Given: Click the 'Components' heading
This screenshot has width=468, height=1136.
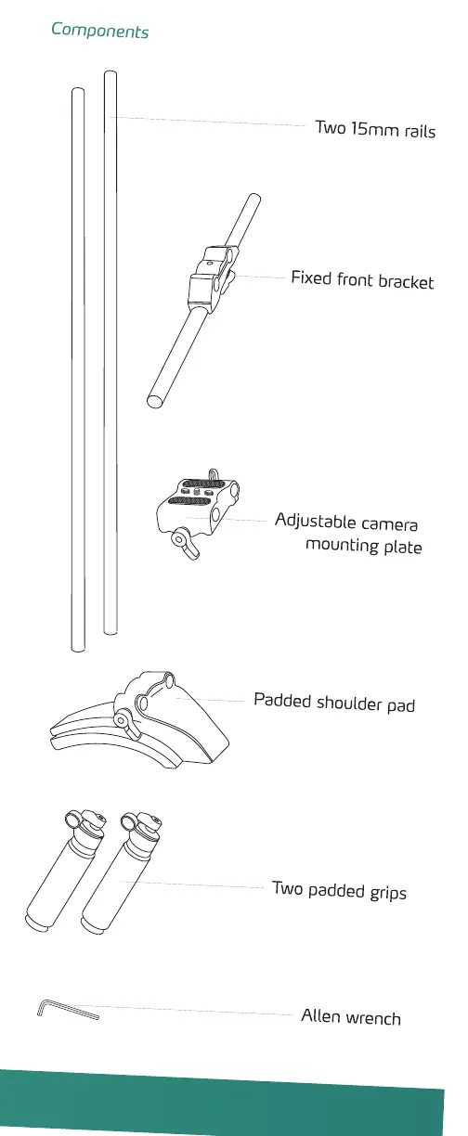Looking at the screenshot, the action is point(100,31).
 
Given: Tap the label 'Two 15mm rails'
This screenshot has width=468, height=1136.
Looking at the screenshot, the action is point(376,129).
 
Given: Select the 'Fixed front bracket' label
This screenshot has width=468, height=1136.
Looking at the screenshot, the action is point(362,280).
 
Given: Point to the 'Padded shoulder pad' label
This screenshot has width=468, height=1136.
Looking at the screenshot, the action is point(334,703).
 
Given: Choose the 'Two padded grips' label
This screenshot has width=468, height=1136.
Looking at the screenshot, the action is point(340,891).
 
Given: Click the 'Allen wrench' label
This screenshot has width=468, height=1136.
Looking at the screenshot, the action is point(351,1017).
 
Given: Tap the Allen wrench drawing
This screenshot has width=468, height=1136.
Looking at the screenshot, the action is point(68,1009).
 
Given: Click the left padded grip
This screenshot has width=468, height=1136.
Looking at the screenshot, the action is point(65,871).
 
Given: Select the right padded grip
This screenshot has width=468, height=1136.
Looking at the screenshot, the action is point(121,872).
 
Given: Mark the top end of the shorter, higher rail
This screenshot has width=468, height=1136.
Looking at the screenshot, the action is point(110,74).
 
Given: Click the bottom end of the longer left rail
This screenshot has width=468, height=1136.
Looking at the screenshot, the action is point(78,649).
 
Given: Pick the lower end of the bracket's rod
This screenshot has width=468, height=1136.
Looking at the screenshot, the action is point(155,402).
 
